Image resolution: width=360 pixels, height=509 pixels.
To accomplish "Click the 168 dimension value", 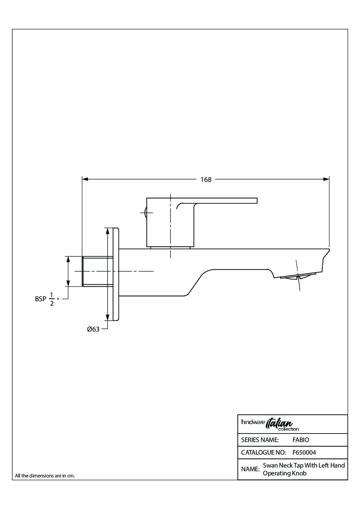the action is pos(206,180).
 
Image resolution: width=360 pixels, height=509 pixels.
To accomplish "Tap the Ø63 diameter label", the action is pos(93,329).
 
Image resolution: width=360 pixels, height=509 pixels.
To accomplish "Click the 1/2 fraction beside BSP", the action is pos(52,299).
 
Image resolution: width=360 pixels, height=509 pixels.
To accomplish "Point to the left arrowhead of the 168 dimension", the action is pos(85,179).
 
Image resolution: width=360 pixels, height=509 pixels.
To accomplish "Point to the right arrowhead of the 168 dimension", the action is pos(326,179).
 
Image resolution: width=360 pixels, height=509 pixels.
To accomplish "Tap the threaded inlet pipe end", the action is pos(98,271).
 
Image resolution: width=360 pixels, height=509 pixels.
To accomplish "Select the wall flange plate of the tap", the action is pos(116,274).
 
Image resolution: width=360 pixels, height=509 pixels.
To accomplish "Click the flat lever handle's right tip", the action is pos(257,201).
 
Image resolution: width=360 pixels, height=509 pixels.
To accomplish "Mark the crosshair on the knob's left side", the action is pos(146,213).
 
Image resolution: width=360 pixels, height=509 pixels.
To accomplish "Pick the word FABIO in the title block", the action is pos(301,440).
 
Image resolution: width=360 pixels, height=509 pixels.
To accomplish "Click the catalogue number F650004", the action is pos(304,453).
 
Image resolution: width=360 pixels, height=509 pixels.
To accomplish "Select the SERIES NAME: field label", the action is pos(260,440).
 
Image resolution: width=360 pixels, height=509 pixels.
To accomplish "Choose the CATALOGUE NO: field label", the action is pos(263,453).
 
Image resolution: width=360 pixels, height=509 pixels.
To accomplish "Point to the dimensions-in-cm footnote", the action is pos(45,476).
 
